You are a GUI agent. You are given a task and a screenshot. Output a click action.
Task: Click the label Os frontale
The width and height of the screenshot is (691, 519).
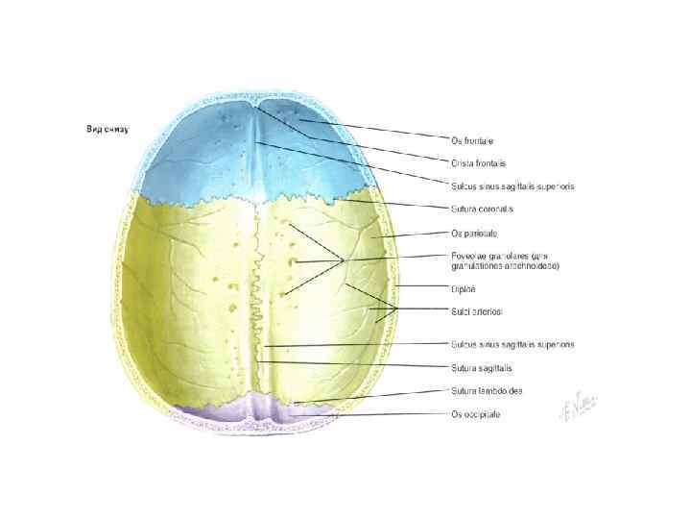tap(472, 140)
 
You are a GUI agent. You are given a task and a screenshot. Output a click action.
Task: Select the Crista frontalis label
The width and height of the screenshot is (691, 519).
tap(478, 163)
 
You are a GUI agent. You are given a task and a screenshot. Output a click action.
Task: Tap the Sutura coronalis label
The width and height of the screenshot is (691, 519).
tap(482, 209)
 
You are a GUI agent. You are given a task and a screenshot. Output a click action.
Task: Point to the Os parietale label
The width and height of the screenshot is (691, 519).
tap(474, 233)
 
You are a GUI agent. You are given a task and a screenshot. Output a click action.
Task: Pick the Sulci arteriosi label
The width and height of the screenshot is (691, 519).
tap(477, 311)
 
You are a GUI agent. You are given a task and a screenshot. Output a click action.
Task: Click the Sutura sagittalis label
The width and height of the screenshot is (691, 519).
tap(481, 368)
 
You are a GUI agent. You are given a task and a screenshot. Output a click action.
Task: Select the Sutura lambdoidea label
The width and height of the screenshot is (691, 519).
tap(487, 390)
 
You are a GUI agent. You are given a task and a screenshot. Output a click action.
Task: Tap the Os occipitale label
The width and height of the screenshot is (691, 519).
tap(475, 414)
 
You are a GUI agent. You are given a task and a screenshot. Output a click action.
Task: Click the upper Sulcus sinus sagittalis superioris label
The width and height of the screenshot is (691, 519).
tap(512, 185)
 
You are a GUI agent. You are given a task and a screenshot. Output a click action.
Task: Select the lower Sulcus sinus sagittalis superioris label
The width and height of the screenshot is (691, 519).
tap(512, 344)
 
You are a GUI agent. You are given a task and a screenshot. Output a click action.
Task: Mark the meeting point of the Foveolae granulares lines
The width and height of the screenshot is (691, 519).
tap(344, 259)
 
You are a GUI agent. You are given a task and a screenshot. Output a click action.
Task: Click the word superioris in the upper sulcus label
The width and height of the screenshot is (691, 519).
tap(555, 185)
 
